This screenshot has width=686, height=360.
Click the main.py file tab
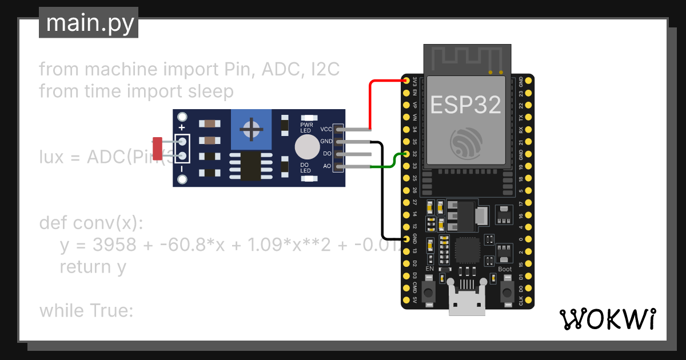89,23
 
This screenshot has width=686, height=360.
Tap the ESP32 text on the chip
465,105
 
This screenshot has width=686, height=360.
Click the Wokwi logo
607,319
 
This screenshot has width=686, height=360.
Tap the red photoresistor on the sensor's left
157,147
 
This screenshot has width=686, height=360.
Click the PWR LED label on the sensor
306,127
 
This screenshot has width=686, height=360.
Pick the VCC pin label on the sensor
326,129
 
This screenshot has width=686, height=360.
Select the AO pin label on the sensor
326,166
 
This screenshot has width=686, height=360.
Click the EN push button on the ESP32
430,292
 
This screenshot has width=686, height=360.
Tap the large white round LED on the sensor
307,147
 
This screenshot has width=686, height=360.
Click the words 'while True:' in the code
86,311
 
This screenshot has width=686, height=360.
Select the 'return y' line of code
93,267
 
